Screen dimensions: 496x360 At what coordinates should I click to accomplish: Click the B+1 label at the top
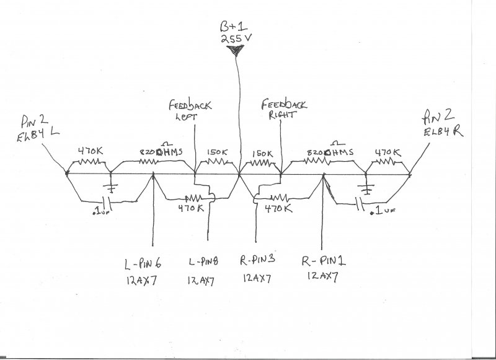234,27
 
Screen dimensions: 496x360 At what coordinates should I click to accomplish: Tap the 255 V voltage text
235,41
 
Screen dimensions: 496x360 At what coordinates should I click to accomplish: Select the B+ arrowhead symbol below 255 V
236,53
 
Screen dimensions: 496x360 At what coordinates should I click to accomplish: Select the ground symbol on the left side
112,188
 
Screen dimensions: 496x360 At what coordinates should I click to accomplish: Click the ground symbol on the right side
366,188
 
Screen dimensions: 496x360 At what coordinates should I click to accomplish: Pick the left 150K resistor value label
217,152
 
